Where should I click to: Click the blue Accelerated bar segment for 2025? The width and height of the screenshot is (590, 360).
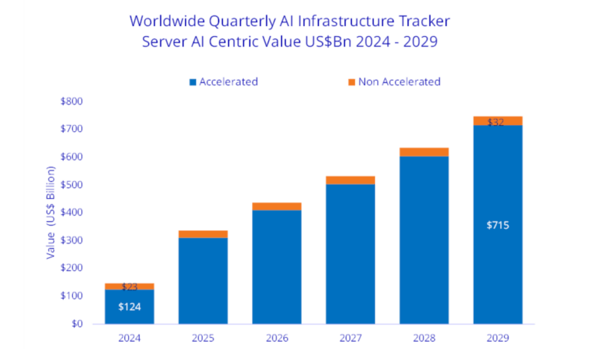(203, 280)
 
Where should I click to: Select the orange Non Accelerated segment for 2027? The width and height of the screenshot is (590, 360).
(350, 180)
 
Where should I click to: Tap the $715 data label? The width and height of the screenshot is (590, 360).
(498, 226)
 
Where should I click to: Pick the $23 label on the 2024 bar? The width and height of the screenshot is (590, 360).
(129, 287)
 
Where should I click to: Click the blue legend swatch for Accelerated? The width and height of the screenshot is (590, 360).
(193, 82)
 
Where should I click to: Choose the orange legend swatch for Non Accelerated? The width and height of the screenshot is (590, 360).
(352, 82)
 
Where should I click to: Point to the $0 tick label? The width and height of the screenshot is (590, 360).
(78, 324)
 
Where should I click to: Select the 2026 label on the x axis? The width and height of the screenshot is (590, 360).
(277, 339)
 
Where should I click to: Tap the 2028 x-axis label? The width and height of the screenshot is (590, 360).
(424, 339)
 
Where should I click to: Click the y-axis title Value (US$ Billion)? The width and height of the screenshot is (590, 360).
(51, 213)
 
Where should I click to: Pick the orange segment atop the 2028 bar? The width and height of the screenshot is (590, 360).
(424, 152)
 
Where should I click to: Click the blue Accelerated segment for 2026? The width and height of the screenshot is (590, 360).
(277, 266)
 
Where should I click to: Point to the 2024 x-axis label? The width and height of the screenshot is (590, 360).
(129, 339)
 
